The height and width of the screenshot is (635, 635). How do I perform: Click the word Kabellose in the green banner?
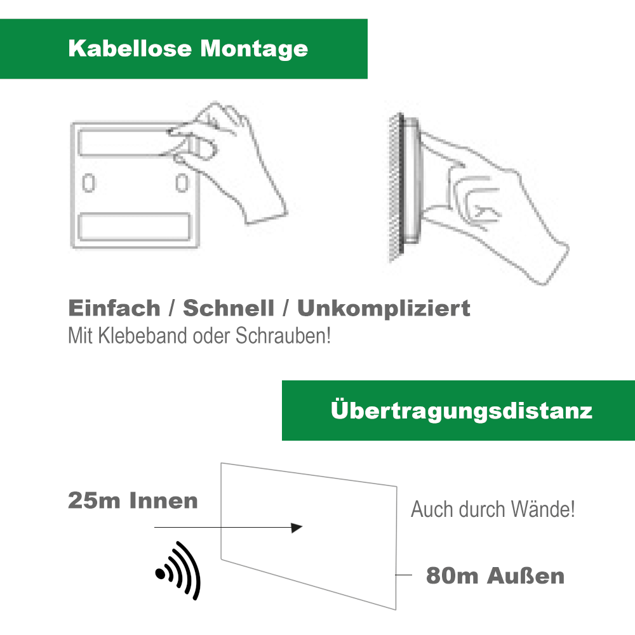pyautogui.click(x=130, y=48)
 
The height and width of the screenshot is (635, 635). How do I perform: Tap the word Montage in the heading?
pyautogui.click(x=255, y=50)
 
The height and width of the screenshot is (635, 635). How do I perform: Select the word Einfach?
pyautogui.click(x=114, y=308)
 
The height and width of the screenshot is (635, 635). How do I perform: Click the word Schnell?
pyautogui.click(x=229, y=308)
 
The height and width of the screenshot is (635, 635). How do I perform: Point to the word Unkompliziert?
pyautogui.click(x=384, y=309)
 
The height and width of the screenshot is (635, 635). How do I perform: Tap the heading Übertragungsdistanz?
pyautogui.click(x=461, y=410)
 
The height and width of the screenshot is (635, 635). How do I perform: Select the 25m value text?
pyautogui.click(x=94, y=500)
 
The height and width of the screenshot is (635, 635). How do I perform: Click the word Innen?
pyautogui.click(x=164, y=500)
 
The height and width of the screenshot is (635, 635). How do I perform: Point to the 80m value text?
pyautogui.click(x=452, y=576)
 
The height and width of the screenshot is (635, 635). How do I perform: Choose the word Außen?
pyautogui.click(x=526, y=576)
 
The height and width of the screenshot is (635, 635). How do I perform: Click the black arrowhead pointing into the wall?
pyautogui.click(x=297, y=528)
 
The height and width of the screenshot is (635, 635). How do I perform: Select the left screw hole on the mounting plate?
pyautogui.click(x=89, y=183)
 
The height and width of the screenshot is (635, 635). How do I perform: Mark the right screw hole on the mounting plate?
pyautogui.click(x=182, y=183)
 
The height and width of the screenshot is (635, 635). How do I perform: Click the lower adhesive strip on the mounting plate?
pyautogui.click(x=134, y=227)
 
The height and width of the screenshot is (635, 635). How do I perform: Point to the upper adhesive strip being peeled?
pyautogui.click(x=130, y=142)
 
